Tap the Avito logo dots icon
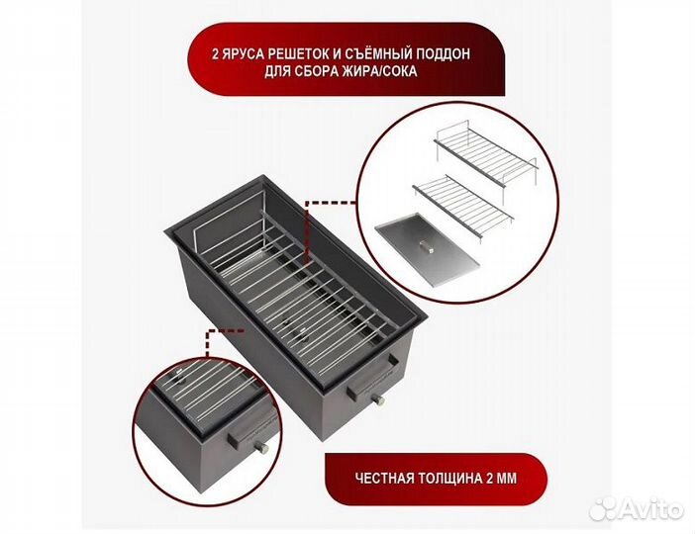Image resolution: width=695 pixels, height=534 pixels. click(x=603, y=509)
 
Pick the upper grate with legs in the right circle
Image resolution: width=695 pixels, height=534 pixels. click(x=486, y=152)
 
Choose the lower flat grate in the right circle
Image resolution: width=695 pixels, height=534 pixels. click(x=463, y=205)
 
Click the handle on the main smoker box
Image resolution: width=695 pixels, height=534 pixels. click(x=372, y=376)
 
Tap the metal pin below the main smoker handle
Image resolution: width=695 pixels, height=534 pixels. click(x=379, y=400)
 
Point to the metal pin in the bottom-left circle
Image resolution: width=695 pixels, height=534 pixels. click(x=262, y=449)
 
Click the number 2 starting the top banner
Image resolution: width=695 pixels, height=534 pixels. click(x=215, y=54)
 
